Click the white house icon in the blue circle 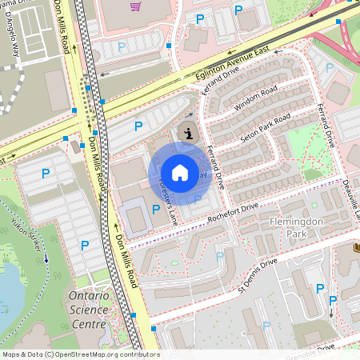180,172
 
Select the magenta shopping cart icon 135,6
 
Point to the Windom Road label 254,98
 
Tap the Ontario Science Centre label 82,309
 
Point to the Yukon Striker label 29,236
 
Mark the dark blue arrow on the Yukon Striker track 47,258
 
